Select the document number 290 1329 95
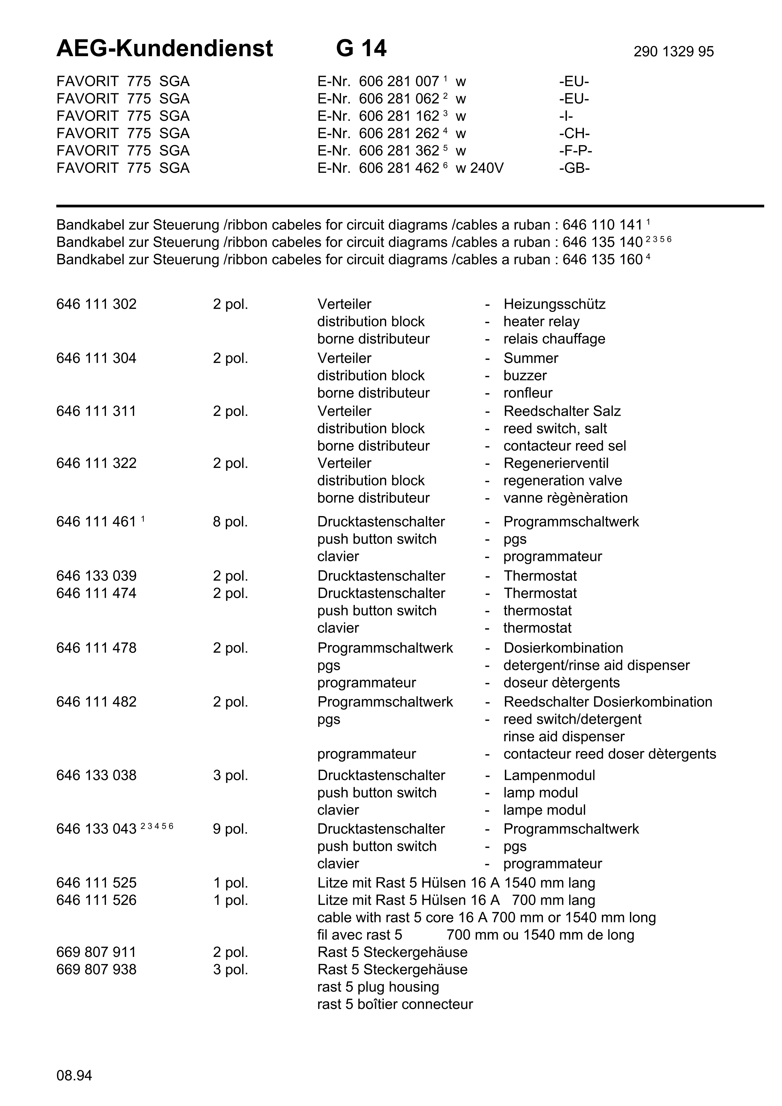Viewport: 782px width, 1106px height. [x=673, y=51]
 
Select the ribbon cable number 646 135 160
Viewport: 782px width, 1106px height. [x=602, y=260]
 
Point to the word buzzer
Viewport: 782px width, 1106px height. [x=525, y=376]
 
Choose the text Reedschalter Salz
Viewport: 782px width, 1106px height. [x=562, y=411]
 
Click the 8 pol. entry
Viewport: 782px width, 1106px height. [x=230, y=522]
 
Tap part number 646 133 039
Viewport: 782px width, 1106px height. [x=96, y=576]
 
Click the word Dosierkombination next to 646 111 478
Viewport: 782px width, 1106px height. [x=563, y=648]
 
